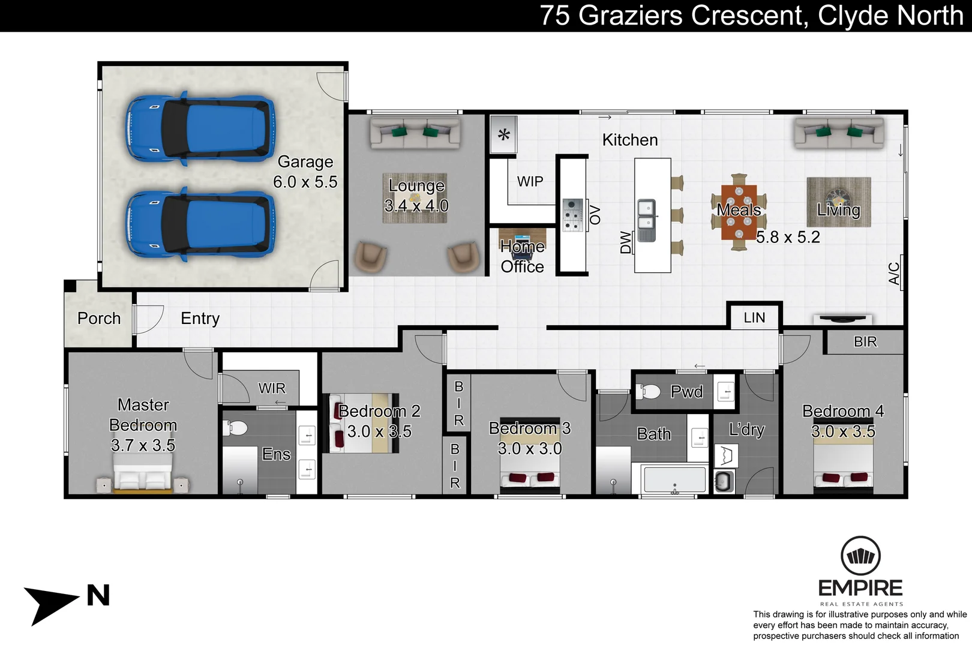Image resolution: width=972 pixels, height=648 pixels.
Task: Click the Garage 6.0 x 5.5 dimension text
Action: [305, 182]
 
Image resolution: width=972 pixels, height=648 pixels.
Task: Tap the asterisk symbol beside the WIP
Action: [504, 134]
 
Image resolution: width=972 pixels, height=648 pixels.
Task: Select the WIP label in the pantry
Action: [530, 181]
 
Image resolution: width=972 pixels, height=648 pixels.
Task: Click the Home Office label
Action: [522, 257]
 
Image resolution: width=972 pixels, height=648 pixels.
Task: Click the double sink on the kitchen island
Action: [646, 220]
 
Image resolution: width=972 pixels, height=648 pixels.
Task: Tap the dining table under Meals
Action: [739, 211]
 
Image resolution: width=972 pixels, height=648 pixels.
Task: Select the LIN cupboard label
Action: [754, 317]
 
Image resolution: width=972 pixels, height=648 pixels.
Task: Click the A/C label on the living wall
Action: [894, 274]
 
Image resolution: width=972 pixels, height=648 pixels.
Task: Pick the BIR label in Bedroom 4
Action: [865, 341]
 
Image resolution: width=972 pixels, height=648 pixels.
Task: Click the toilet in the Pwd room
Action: [649, 392]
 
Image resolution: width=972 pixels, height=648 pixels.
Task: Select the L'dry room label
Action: [746, 430]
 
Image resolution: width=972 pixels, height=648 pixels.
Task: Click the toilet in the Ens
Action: [236, 428]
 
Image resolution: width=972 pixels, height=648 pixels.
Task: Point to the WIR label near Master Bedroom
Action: [272, 388]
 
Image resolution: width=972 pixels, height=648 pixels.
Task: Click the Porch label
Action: [99, 319]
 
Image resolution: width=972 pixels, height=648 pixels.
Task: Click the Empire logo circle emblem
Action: [860, 556]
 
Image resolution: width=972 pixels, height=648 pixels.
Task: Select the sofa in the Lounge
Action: [415, 133]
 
